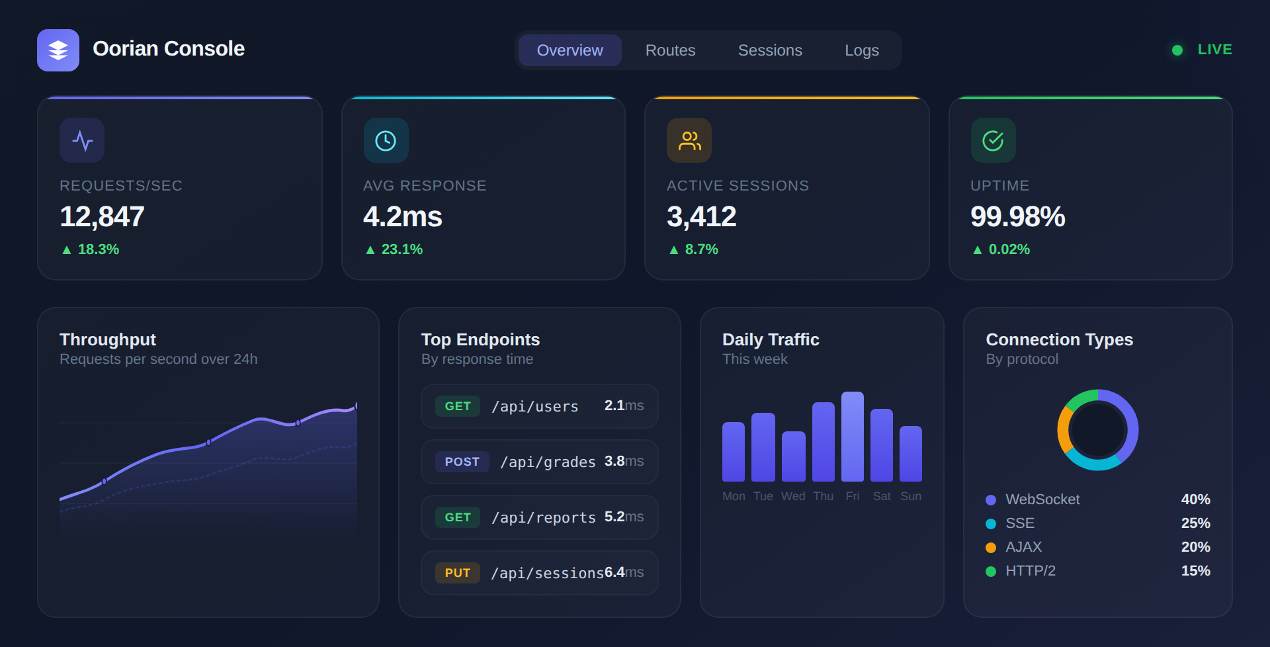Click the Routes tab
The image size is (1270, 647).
(670, 50)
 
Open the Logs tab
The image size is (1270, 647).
(861, 50)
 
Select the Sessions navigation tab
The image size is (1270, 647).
(770, 50)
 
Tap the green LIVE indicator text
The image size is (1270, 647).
(1214, 50)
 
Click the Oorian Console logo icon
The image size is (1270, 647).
(58, 50)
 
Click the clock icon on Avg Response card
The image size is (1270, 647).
(386, 140)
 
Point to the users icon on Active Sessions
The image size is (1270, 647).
(689, 140)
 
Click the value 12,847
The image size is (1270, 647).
(102, 217)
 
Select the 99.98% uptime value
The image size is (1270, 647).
(1017, 217)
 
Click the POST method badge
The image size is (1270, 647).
(462, 462)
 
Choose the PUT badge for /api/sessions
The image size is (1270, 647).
(457, 573)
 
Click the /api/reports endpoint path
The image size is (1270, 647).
(544, 517)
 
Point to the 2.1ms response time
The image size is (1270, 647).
(623, 406)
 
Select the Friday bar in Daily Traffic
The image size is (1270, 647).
(852, 437)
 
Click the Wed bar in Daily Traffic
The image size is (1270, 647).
(793, 456)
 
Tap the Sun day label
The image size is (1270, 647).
(911, 496)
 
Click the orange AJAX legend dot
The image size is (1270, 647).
(991, 548)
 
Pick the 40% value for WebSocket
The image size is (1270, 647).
(1195, 499)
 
